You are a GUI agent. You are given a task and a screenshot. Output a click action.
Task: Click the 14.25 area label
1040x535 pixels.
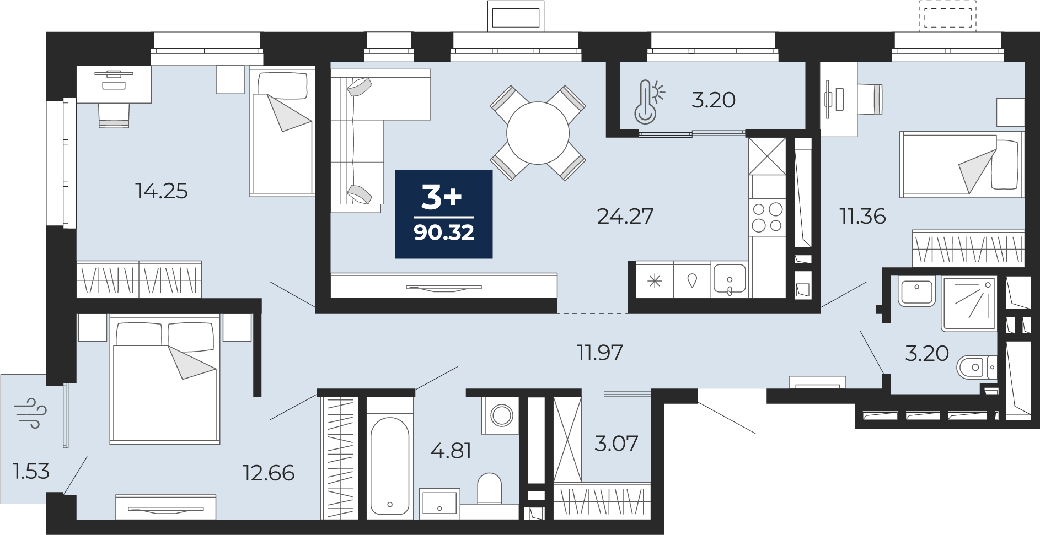coord(162,191)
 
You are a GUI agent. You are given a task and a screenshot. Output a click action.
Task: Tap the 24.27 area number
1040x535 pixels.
coord(625,217)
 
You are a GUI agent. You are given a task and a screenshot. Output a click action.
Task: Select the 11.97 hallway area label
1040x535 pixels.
coord(600,353)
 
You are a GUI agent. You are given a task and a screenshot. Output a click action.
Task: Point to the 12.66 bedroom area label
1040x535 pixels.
coord(269,473)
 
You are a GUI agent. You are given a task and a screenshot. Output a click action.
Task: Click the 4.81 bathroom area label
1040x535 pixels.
coord(451,451)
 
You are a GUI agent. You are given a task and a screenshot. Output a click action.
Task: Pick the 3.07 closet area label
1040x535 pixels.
coord(617,443)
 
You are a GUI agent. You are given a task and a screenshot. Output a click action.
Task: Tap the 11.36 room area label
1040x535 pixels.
coord(862,217)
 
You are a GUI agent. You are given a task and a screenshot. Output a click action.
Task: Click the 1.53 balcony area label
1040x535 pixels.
coord(31,472)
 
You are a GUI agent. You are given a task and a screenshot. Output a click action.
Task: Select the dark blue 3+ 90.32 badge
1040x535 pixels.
coord(444,214)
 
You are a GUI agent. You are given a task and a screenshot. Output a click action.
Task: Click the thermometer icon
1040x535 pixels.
coord(649,102)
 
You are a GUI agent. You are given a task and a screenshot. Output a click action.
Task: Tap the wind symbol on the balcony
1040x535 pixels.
coord(31,413)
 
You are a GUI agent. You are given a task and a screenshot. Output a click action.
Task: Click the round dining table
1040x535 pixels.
coord(538,133)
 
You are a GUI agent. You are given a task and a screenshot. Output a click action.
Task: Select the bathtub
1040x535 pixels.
coord(390,465)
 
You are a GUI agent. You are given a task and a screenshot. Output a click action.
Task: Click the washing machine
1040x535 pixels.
coord(501,415)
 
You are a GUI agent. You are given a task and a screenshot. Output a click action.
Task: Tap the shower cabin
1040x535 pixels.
coord(969,304)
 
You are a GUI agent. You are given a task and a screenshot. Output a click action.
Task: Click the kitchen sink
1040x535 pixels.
coord(729,280)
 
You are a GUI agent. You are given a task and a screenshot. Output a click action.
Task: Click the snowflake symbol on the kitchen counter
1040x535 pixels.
coord(655,282)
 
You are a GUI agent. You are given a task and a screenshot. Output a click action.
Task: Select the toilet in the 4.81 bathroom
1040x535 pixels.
coord(489,488)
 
